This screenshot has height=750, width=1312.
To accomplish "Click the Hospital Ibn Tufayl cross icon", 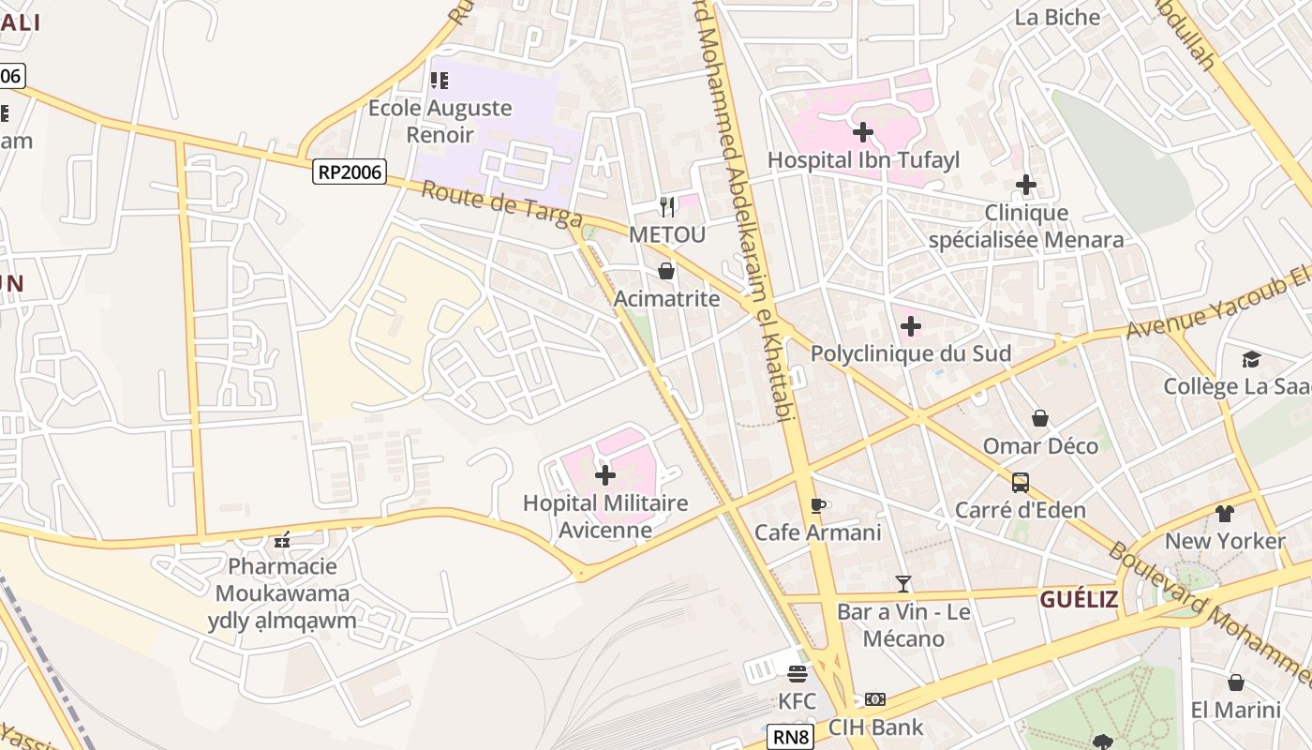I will (863, 132).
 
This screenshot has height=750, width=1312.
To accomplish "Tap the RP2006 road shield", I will (350, 172).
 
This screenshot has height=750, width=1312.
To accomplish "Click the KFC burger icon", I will (798, 673).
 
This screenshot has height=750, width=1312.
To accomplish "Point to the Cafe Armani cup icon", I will (818, 505).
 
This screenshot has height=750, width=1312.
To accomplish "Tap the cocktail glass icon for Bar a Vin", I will (903, 584).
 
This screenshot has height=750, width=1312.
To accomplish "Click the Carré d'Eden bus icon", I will (1021, 483).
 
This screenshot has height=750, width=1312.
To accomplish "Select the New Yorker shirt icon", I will (1225, 514).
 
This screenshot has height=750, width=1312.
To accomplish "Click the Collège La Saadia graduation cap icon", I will (1251, 359).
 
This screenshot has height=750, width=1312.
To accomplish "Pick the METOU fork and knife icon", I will (667, 206).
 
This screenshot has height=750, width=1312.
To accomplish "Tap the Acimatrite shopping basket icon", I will (666, 272).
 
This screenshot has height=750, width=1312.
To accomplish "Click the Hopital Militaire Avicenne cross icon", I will (605, 475).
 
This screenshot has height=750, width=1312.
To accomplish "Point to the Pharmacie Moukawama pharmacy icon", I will (282, 540).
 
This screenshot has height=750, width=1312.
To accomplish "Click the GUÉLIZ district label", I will (1079, 599).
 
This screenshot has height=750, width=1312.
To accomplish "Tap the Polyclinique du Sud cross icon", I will (911, 327).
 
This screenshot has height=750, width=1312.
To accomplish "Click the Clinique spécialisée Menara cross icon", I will (1026, 185).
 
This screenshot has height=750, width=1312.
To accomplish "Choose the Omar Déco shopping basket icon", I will (1040, 418).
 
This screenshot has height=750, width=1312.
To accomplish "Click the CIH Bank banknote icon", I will (875, 699).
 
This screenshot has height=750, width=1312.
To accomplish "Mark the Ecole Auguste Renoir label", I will (440, 121).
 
